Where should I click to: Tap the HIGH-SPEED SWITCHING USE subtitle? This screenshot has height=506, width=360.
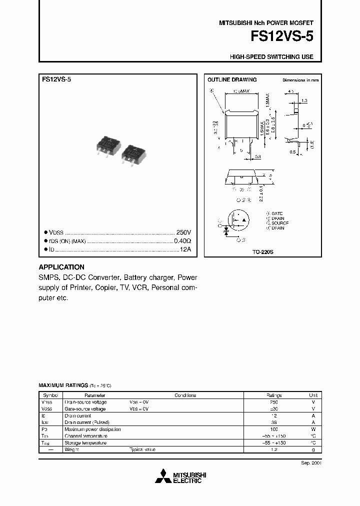(271, 57)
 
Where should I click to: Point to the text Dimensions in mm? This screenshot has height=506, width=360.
(300, 80)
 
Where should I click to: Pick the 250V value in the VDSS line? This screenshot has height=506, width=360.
(183, 233)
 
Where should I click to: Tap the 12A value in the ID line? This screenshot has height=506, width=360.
(185, 249)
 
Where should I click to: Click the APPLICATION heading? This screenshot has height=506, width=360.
(61, 267)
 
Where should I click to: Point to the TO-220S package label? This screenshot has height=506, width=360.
(262, 253)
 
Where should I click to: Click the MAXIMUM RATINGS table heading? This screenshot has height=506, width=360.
(63, 386)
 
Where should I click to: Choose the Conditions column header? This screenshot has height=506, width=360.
(185, 395)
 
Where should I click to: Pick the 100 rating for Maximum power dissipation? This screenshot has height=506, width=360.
(273, 429)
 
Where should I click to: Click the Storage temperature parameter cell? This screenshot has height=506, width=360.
(85, 443)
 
